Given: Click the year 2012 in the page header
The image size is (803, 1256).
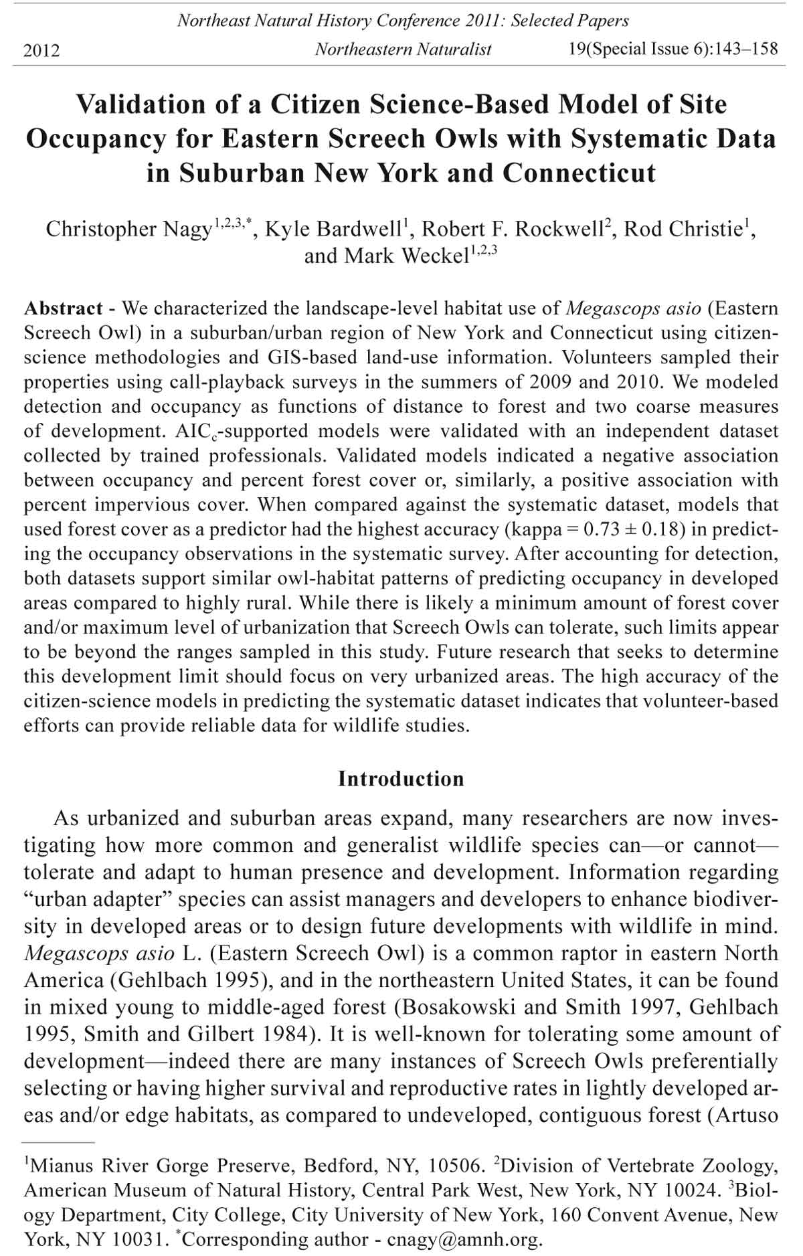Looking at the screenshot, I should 41,50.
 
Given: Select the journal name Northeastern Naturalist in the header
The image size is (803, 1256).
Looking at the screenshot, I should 403,49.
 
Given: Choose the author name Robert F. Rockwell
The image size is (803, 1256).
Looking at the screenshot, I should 512,229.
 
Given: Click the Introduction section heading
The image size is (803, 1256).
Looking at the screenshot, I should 401,779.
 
